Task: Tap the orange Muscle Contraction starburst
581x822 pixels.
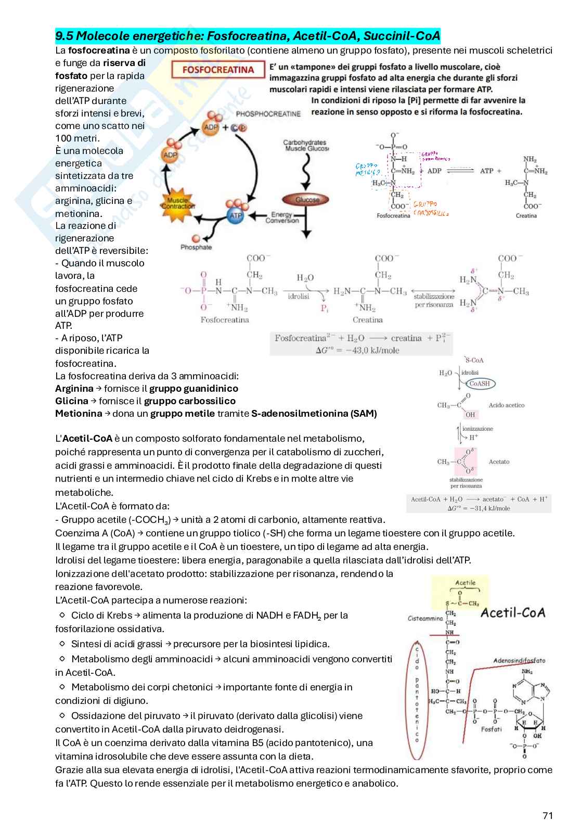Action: coord(178,203)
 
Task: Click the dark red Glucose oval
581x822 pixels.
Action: coord(307,200)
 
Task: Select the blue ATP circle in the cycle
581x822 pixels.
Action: coord(236,215)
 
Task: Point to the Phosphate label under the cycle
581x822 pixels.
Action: coord(196,247)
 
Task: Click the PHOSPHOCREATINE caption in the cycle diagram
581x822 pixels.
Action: coord(268,113)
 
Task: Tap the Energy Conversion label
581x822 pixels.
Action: coord(282,217)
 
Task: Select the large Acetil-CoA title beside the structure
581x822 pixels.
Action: coord(513,612)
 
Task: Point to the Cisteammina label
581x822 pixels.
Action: coord(425,619)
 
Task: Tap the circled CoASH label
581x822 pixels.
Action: coord(479,383)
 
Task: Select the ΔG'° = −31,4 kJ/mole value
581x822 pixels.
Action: coord(479,508)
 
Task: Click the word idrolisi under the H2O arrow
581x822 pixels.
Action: coord(299,296)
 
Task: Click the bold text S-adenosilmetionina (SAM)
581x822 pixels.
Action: coord(314,414)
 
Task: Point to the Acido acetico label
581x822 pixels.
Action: coord(506,405)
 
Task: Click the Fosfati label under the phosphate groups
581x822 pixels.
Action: coord(491,729)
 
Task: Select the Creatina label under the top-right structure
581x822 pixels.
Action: coord(526,215)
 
